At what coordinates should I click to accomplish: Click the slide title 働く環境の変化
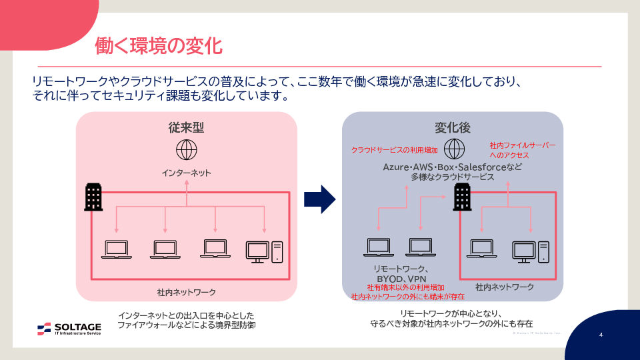tap(158, 45)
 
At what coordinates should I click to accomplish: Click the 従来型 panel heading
tap(186, 127)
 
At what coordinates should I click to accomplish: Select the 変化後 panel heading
tap(453, 127)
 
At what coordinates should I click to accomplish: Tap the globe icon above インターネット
tap(187, 149)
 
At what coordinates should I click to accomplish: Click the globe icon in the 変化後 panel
tap(455, 148)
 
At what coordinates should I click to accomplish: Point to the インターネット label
tap(187, 173)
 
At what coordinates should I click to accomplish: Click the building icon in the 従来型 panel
tap(94, 197)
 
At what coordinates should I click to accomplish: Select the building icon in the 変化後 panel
tap(462, 197)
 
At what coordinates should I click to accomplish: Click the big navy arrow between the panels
tap(319, 199)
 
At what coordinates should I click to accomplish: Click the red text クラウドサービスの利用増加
tap(394, 149)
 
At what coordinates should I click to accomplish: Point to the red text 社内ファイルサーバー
tap(522, 145)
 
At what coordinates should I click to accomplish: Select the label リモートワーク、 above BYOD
tap(400, 269)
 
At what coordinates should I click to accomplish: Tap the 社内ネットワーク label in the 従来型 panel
tap(187, 293)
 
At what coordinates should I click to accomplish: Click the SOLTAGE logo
tap(69, 328)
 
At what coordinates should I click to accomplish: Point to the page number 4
tap(601, 335)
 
